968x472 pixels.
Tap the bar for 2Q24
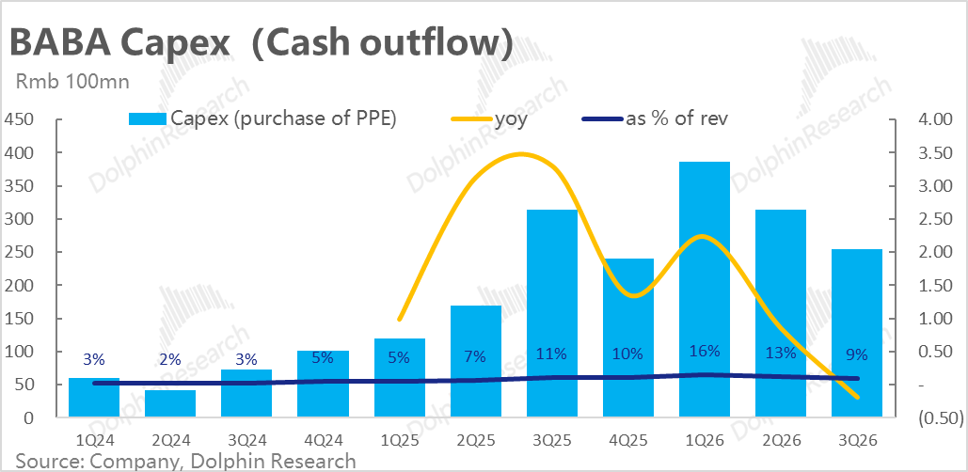coord(170,403)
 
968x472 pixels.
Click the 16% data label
coord(705,352)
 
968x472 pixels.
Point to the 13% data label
coord(781,354)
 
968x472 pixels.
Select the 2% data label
coord(170,358)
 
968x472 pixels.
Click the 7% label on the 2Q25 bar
coord(475,356)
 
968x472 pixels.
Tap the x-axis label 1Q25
coord(399,440)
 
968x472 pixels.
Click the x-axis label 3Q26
coord(857,440)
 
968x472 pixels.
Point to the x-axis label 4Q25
coord(627,440)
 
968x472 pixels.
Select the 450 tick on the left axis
coord(20,119)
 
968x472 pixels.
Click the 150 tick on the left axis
coord(20,319)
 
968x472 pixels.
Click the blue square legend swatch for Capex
coord(148,118)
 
